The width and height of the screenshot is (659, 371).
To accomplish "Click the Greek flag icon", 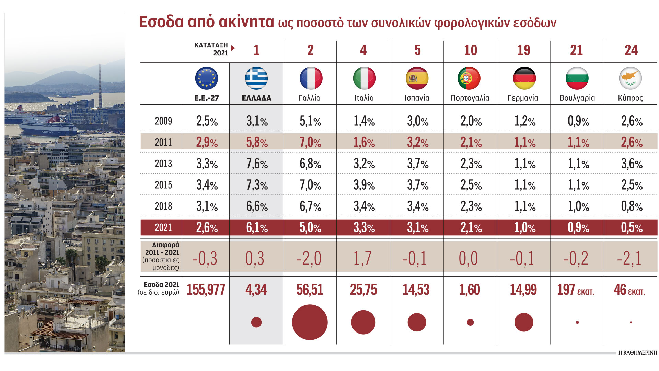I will (256, 78).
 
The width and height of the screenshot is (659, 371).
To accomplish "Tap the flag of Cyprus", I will (631, 78).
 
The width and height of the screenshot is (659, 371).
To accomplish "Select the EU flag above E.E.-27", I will (206, 78).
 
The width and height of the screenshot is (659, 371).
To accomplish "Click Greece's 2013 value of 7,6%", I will (257, 164).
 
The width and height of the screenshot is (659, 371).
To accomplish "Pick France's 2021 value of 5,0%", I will (310, 228).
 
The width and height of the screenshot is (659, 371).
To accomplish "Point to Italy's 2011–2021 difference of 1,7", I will (363, 258).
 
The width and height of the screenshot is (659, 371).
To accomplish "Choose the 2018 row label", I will (163, 206).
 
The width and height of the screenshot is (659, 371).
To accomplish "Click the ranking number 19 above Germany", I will (523, 50).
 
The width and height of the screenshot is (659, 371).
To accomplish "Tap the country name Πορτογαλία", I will (470, 98).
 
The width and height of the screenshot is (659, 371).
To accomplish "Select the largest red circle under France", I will (310, 322).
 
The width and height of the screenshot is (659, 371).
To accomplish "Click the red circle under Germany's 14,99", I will (524, 322).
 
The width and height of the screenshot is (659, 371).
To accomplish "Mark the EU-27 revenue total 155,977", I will (206, 290).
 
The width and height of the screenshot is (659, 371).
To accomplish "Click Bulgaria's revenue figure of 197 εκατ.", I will (576, 290).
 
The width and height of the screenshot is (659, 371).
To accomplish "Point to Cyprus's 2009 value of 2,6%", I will (632, 121).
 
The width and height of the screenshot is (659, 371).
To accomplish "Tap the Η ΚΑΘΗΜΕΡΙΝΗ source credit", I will (637, 353).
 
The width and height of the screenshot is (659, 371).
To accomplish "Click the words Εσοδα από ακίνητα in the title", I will (206, 22).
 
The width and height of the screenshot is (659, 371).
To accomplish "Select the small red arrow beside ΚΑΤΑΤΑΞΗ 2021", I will (233, 48).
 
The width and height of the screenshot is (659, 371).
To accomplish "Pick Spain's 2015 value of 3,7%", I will (418, 185).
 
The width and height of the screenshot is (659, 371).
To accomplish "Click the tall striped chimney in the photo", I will (100, 86).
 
